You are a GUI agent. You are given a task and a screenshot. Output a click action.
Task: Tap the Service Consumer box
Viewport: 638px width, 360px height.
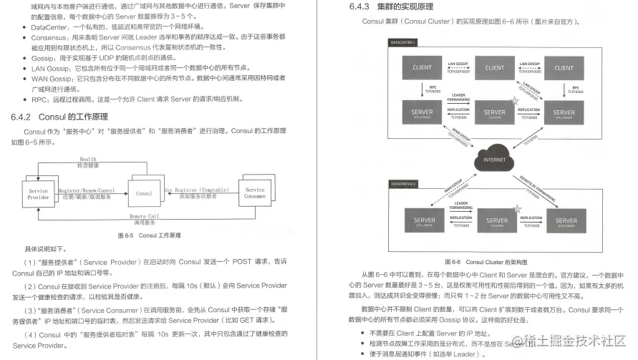[x=255, y=193]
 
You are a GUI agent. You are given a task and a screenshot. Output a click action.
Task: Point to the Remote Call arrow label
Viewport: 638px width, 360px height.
[x=144, y=215]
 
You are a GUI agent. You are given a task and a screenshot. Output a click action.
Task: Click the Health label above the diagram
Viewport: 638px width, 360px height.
[x=88, y=159]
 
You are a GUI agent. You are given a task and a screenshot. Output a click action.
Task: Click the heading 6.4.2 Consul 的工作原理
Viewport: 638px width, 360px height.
[x=59, y=117]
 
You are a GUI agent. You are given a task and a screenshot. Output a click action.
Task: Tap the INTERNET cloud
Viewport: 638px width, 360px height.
[x=495, y=158]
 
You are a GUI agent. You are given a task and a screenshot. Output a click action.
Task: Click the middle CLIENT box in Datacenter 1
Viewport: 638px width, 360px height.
[x=495, y=68]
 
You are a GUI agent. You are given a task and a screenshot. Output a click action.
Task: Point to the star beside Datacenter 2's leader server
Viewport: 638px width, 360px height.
[x=516, y=208]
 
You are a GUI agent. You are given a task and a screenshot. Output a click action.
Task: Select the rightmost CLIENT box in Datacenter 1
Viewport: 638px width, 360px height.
[x=564, y=68]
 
